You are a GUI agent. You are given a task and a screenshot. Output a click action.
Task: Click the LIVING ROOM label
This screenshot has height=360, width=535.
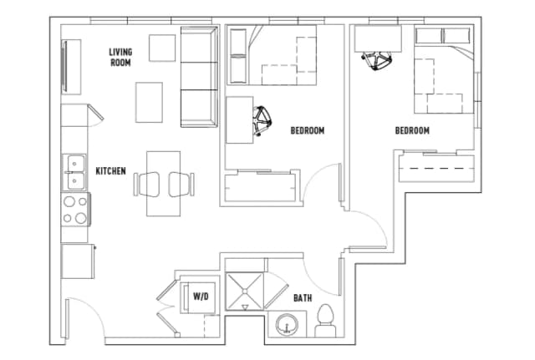[x=120, y=57]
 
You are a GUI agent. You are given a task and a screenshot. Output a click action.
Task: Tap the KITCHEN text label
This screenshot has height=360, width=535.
[x=110, y=171]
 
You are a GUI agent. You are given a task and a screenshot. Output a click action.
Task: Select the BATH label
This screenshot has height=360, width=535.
[x=303, y=297]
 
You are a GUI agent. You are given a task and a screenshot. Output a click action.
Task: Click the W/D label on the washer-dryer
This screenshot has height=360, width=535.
[x=201, y=297]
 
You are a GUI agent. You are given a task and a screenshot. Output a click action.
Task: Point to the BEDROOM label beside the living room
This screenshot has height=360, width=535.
[x=307, y=130]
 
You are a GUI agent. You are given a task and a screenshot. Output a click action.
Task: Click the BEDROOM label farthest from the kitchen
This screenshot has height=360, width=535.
[x=412, y=130]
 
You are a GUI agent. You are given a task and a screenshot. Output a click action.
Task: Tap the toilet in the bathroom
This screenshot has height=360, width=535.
[x=325, y=320]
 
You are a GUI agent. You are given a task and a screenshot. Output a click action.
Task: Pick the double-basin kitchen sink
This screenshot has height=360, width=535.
[x=74, y=171]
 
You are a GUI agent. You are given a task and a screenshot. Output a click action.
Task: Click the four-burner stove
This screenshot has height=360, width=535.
[x=75, y=209]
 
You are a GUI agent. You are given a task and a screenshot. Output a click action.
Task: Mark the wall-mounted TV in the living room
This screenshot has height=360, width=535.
[x=65, y=67]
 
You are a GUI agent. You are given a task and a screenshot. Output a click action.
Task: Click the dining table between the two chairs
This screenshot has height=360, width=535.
[x=163, y=184]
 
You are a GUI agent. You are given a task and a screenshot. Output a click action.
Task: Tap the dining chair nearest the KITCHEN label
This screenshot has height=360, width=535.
[x=144, y=184]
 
